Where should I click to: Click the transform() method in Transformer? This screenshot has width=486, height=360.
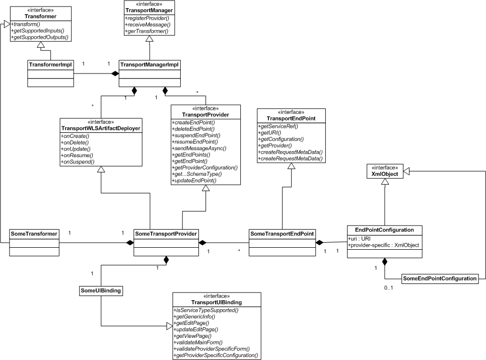[x=26, y=24]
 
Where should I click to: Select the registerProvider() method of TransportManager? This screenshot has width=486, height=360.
[x=147, y=18]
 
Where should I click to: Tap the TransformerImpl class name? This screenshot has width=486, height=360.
[x=50, y=65]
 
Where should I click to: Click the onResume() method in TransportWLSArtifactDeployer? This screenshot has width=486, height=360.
[x=77, y=155]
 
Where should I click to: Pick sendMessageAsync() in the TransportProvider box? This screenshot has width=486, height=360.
[x=199, y=148]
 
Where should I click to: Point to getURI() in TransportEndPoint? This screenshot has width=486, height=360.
[x=269, y=132]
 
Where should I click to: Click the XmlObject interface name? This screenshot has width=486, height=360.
[x=385, y=174]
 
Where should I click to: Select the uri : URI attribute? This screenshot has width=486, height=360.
[x=359, y=239]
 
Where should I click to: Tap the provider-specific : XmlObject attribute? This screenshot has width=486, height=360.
[x=383, y=245]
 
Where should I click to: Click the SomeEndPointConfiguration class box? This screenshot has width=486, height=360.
[x=440, y=278]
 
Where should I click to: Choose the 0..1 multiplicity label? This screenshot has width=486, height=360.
[x=388, y=288]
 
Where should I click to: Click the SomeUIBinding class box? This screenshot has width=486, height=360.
[x=101, y=291]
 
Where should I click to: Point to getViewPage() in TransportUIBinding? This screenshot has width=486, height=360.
[x=192, y=336]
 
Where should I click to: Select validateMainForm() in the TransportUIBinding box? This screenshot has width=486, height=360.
[x=198, y=342]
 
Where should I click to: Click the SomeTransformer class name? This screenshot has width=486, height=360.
[x=34, y=234]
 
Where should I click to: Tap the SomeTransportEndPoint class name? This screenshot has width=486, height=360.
[x=282, y=234]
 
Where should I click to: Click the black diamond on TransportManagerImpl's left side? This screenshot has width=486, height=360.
[x=115, y=74]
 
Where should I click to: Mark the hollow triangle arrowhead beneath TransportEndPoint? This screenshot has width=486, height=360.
[x=291, y=166]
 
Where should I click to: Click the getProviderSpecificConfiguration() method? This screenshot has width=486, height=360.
[x=216, y=355]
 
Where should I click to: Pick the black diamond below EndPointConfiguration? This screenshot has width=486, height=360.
[x=385, y=262]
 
